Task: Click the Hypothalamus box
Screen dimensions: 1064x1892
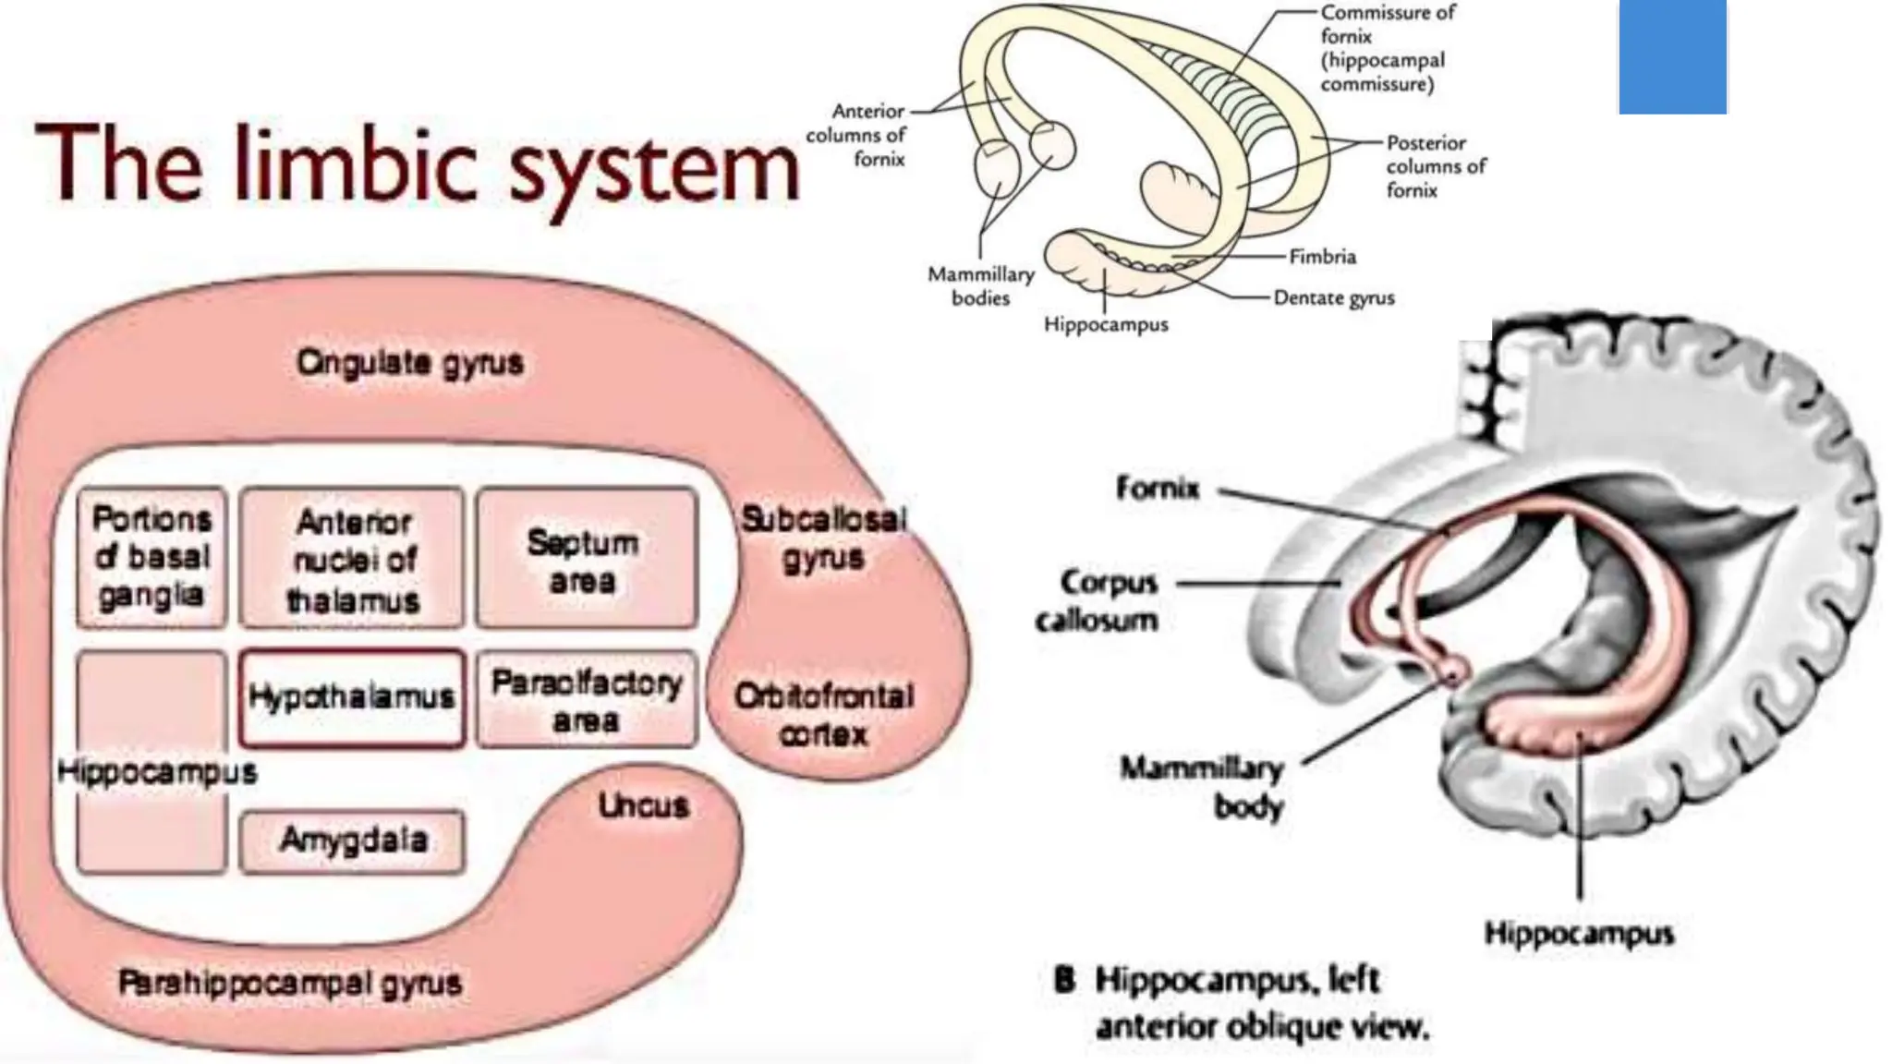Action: pos(351,697)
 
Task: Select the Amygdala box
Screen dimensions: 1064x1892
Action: pos(352,841)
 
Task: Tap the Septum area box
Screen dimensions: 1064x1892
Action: pos(585,560)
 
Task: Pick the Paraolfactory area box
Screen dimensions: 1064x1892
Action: pos(586,699)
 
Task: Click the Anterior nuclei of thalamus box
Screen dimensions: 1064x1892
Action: pos(352,560)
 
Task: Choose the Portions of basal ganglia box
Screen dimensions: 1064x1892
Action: pos(152,558)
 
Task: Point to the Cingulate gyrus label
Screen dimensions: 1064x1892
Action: pos(409,362)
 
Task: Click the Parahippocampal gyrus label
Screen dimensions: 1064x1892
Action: pos(290,983)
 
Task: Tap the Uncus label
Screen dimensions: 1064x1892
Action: pos(643,805)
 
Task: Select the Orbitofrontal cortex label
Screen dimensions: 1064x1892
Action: pos(823,715)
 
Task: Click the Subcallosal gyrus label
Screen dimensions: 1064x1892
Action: pos(823,538)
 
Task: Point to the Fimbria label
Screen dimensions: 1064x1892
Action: pos(1322,257)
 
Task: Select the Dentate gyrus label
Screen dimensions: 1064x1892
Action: pos(1333,297)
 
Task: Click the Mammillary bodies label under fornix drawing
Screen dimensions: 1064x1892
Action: pos(980,286)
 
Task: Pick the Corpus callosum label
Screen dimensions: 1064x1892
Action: pos(1097,600)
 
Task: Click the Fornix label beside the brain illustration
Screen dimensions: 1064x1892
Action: pos(1157,487)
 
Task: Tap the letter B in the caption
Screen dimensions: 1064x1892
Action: pos(1064,980)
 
